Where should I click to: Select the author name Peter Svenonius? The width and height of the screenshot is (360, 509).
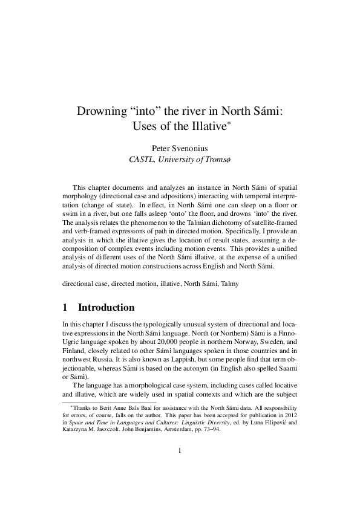pos(180,148)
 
